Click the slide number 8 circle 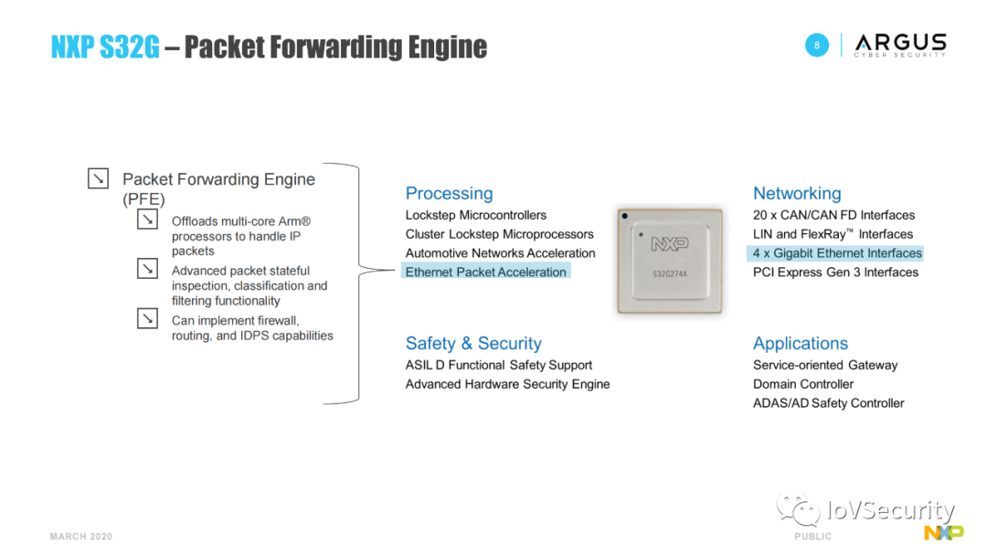click(x=817, y=45)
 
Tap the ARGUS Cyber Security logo click(x=900, y=45)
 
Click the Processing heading click(x=449, y=193)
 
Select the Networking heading click(x=797, y=193)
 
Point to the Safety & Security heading click(x=473, y=343)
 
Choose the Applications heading click(x=801, y=343)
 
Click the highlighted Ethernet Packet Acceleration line click(x=486, y=272)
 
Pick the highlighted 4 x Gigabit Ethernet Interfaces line click(x=837, y=253)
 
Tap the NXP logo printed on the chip click(x=670, y=244)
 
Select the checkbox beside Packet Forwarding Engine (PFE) click(x=98, y=179)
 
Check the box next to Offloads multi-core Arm click(x=147, y=220)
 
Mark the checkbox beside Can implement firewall click(x=147, y=319)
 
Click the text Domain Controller click(x=803, y=384)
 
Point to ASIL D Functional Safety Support click(x=499, y=365)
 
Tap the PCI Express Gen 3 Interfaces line click(x=835, y=272)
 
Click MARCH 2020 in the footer click(x=81, y=537)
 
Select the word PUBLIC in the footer click(x=812, y=537)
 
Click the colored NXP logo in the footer click(x=943, y=533)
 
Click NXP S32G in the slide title click(x=105, y=48)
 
